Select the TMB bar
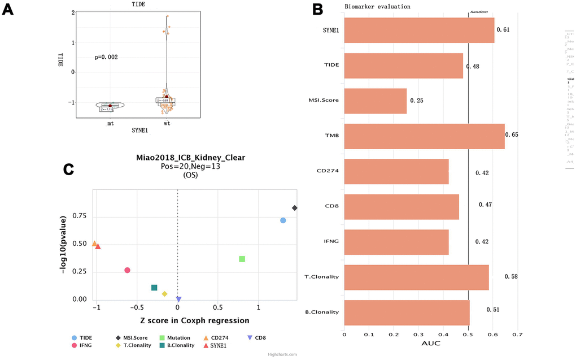click(424, 136)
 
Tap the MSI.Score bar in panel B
click(375, 101)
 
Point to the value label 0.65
click(511, 135)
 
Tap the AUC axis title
click(432, 344)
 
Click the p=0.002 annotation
click(106, 57)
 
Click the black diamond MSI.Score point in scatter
click(294, 208)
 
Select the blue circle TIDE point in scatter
click(283, 220)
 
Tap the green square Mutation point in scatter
click(242, 259)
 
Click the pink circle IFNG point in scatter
click(128, 270)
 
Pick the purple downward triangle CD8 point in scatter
click(178, 300)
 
